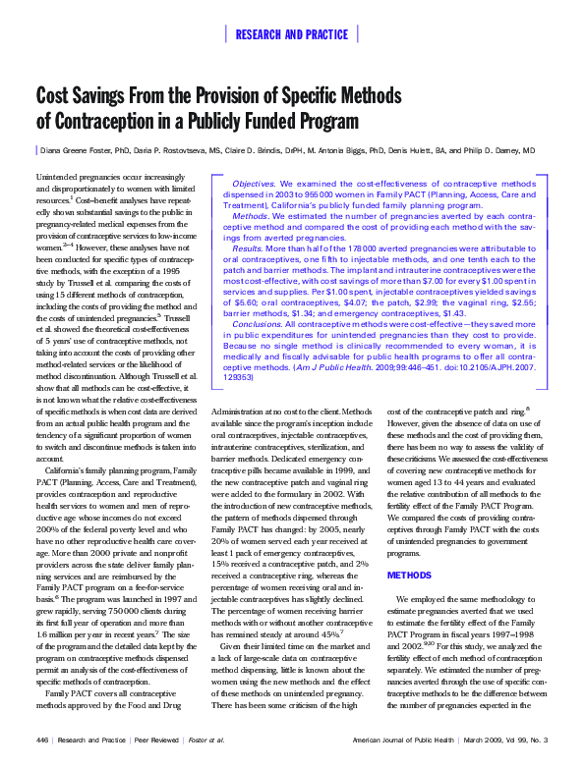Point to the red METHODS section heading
(409, 576)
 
